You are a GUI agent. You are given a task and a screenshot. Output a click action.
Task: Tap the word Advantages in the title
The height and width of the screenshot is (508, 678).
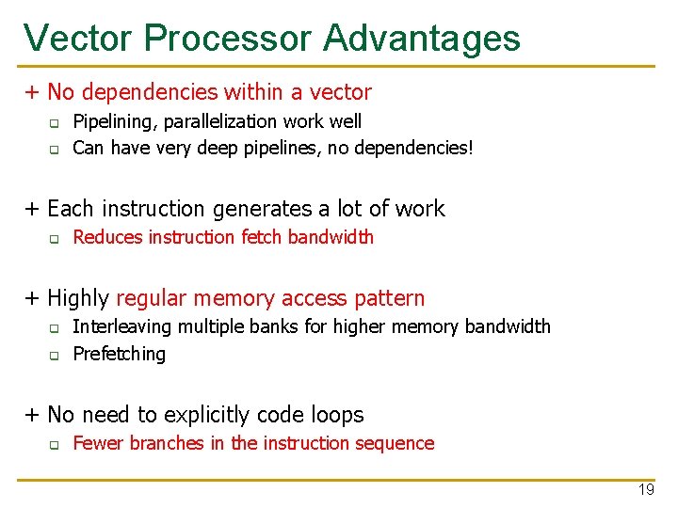[x=422, y=38]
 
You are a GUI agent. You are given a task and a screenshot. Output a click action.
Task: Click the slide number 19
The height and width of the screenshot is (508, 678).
[x=646, y=490]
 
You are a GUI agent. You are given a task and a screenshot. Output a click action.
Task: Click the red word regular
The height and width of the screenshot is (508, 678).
[x=152, y=299]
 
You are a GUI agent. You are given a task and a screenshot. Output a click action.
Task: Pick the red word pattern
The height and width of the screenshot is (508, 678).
[x=391, y=299]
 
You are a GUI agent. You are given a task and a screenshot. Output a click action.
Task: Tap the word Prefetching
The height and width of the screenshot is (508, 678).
[x=119, y=354]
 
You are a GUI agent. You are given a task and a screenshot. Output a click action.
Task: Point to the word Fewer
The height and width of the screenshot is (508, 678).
[x=96, y=443]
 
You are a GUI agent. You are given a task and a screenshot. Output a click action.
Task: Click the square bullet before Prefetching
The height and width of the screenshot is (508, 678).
[x=55, y=356]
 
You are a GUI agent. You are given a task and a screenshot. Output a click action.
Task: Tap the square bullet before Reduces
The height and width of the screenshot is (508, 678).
[x=55, y=239]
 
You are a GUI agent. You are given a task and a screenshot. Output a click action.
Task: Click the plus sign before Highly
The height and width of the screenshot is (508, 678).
[x=33, y=299]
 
